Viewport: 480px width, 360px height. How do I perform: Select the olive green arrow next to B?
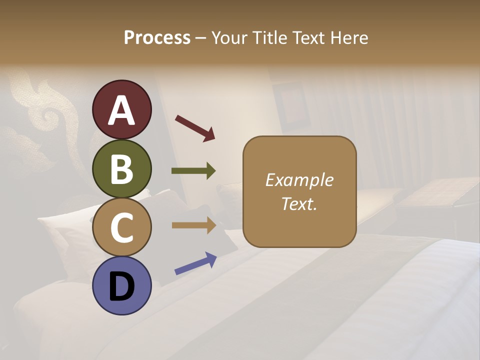point(193,171)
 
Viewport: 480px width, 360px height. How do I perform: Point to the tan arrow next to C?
point(193,225)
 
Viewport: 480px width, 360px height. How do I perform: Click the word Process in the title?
point(157,38)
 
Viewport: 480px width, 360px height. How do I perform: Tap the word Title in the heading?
point(270,38)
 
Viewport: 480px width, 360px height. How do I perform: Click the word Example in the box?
point(299,180)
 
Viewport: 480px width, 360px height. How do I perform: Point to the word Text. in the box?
point(299,203)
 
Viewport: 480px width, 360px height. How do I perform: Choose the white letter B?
point(121,169)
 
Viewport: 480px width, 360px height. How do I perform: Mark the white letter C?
point(121,228)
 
